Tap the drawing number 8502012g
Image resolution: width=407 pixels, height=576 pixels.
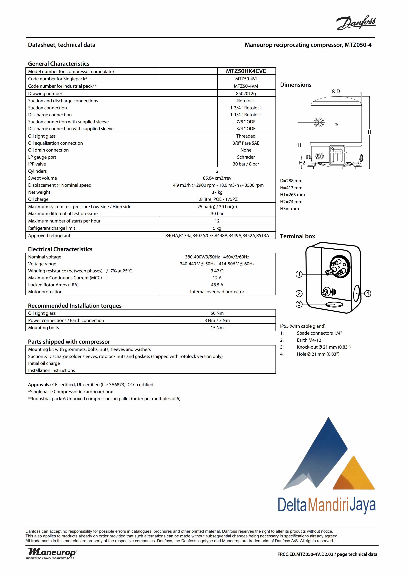(246, 94)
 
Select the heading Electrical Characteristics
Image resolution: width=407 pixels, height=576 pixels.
(60, 249)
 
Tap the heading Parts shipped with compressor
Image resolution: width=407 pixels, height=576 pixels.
(69, 342)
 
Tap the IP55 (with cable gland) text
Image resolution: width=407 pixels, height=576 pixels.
(303, 326)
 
